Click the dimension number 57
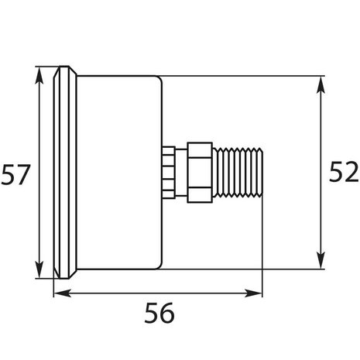15,174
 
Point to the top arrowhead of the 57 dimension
39,75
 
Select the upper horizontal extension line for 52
240,76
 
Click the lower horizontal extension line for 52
240,270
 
